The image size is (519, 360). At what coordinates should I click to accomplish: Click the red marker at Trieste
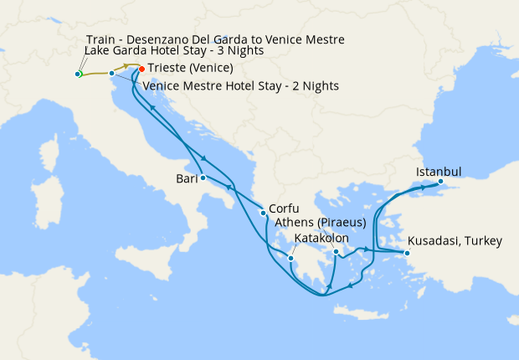(141, 69)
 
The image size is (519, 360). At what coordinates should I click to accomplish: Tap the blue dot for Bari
(203, 177)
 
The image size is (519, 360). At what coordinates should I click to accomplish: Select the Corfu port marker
(264, 212)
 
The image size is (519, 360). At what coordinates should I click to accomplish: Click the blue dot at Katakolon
(290, 259)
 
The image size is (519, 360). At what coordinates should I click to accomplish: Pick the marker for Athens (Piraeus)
(336, 252)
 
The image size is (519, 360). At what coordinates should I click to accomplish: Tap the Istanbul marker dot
(440, 182)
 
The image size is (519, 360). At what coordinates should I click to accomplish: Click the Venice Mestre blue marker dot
(111, 73)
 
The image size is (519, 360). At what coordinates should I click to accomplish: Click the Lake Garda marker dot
(78, 75)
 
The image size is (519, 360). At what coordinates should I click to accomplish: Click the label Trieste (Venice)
(190, 69)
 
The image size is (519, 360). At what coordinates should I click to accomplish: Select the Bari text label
(187, 178)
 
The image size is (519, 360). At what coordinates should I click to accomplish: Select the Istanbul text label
(439, 172)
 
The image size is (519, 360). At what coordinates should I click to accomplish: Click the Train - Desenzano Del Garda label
(215, 39)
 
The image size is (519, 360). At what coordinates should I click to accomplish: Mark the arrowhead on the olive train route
(127, 65)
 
